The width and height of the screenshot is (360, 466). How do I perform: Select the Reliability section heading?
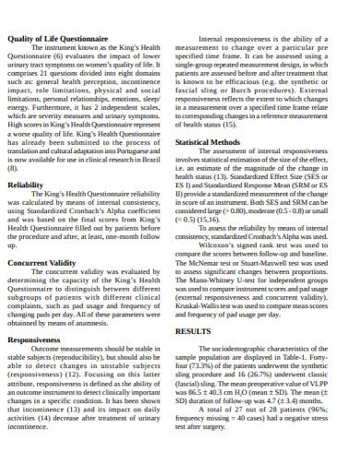(x=27, y=185)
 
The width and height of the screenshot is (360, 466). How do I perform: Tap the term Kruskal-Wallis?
(x=220, y=305)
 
